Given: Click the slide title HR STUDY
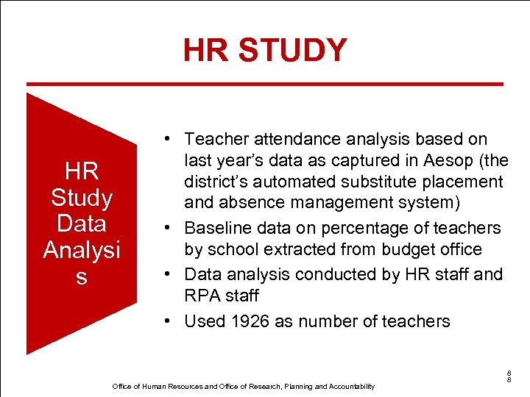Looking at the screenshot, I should tap(265, 50).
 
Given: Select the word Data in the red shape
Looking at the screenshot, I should tap(81, 223).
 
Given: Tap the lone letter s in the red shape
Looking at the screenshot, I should tap(81, 276).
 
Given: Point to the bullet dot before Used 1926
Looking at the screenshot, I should tap(169, 321).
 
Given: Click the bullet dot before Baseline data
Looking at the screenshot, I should tap(169, 228).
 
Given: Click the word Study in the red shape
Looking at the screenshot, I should tap(81, 197).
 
